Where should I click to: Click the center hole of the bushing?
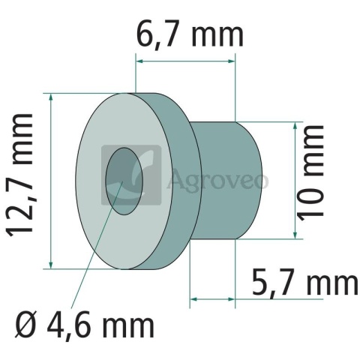(124, 181)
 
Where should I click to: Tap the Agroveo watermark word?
(217, 181)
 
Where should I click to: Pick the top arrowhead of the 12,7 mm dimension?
(51, 97)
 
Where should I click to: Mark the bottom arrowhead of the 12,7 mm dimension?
(51, 265)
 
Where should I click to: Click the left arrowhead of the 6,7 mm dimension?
(139, 61)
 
